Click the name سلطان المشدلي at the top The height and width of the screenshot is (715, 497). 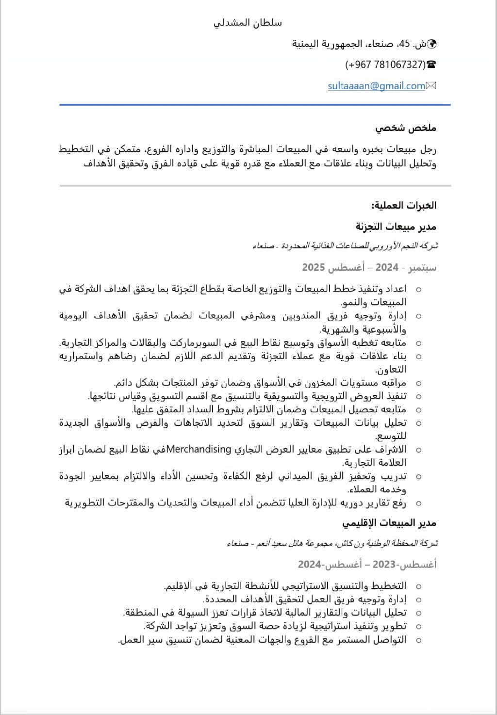pos(248,23)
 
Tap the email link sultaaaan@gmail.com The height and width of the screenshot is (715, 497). pos(376,86)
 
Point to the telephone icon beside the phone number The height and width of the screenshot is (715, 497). pos(431,65)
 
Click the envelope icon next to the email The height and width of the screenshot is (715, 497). pos(431,86)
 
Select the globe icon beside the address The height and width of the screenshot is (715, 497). pos(431,44)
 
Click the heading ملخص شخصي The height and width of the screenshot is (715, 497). pos(406,128)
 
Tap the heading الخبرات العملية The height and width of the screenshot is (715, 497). pos(404,205)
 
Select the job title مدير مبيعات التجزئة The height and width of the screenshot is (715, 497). pos(396,227)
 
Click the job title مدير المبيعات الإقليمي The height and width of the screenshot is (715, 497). pos(389,523)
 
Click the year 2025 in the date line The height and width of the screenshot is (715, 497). pos(313,267)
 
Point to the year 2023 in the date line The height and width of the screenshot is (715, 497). pos(384,564)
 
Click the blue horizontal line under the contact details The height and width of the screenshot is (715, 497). pos(255,104)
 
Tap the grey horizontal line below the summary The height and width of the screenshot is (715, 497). pos(255,185)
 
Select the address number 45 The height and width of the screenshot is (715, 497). pos(404,44)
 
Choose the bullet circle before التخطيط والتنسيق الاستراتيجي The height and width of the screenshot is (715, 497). pos(418,586)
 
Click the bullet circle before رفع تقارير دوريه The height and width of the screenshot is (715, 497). pos(418,504)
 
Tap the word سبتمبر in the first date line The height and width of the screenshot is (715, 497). pos(422,267)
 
